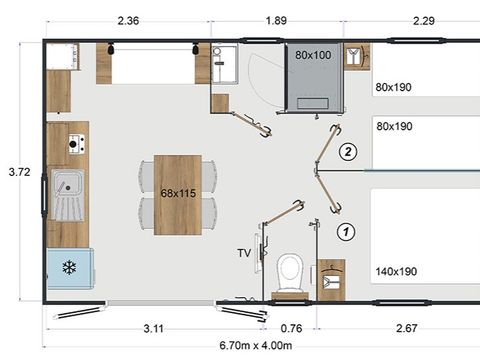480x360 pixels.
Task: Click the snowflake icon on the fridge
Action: pos(69,268)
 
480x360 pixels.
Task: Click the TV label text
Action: pos(243,253)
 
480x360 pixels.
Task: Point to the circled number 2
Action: pos(347,152)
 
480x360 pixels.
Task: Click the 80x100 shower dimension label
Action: pos(313,55)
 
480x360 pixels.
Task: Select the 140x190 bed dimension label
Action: pos(395,271)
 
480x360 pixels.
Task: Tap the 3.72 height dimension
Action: pos(18,172)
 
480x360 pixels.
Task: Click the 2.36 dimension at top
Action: pos(128,20)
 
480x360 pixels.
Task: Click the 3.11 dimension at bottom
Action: pos(153,328)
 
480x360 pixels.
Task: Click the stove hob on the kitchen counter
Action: pos(75,147)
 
